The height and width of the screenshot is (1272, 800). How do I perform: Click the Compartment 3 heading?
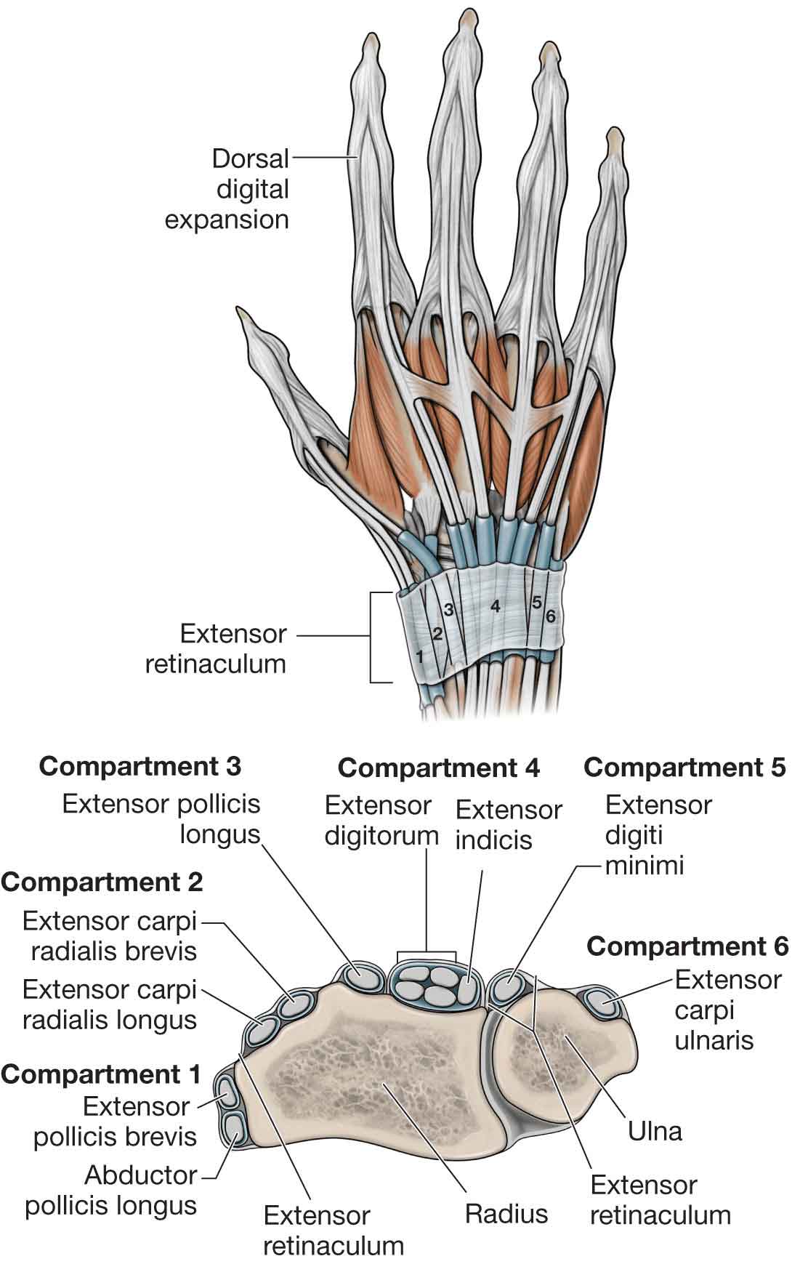point(140,766)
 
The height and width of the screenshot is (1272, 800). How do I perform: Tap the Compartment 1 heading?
point(101,1074)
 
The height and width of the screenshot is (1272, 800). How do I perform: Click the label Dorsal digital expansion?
point(227,189)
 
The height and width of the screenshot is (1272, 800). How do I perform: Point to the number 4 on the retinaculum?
point(495,605)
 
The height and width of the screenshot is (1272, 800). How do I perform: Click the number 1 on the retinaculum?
point(419,656)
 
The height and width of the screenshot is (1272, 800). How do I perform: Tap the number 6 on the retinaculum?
point(550,616)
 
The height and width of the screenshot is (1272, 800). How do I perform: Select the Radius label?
point(506,1213)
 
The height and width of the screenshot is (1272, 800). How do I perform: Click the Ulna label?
point(655,1131)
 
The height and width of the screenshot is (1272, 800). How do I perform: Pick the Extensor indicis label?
point(509,825)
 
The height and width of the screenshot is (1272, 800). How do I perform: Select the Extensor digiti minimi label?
point(658,835)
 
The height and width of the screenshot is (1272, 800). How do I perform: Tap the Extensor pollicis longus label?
point(161,819)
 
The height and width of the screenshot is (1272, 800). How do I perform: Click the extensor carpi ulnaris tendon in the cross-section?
point(602,1006)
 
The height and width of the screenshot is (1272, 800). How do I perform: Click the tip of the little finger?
point(615,135)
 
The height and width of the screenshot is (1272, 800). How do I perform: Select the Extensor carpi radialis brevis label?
point(110,936)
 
